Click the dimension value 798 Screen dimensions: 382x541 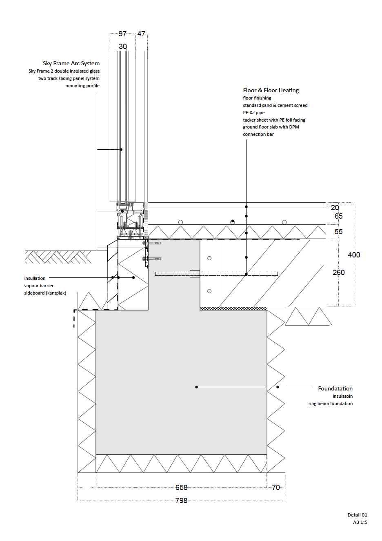pos(181,501)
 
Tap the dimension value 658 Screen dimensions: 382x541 pos(181,488)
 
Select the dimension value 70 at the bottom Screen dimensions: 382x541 pos(276,488)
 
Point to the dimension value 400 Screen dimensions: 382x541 pos(354,255)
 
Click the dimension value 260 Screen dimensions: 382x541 pos(338,273)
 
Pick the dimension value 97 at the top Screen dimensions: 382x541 pos(122,34)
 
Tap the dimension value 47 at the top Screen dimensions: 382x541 pos(141,34)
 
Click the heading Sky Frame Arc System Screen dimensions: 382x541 pos(71,64)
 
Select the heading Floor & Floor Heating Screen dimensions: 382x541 pos(271,90)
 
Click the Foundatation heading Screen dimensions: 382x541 pos(335,388)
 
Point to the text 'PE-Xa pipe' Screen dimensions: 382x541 pos(254,113)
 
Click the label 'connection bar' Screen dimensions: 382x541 pos(258,134)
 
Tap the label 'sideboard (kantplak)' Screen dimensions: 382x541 pos(45,293)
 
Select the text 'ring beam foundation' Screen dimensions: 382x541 pos(330,404)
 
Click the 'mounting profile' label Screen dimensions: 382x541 pos(82,86)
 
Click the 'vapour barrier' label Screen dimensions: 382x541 pos(39,286)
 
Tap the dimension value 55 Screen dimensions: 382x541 pos(338,232)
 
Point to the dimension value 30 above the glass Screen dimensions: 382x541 pos(123,47)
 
